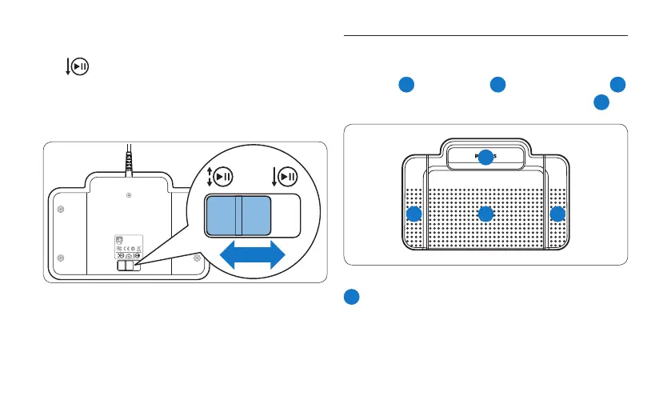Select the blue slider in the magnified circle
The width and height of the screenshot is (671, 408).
click(x=238, y=217)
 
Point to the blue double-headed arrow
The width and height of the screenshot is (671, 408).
click(x=253, y=256)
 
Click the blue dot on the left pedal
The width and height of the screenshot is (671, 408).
click(x=413, y=214)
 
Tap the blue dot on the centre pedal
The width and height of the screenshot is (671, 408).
click(x=485, y=214)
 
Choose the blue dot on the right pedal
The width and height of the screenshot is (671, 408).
click(x=557, y=214)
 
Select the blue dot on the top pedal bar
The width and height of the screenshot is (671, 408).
click(x=485, y=158)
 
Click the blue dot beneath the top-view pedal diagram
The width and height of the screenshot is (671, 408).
click(x=351, y=297)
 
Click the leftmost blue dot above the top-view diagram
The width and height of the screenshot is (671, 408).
click(x=406, y=85)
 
